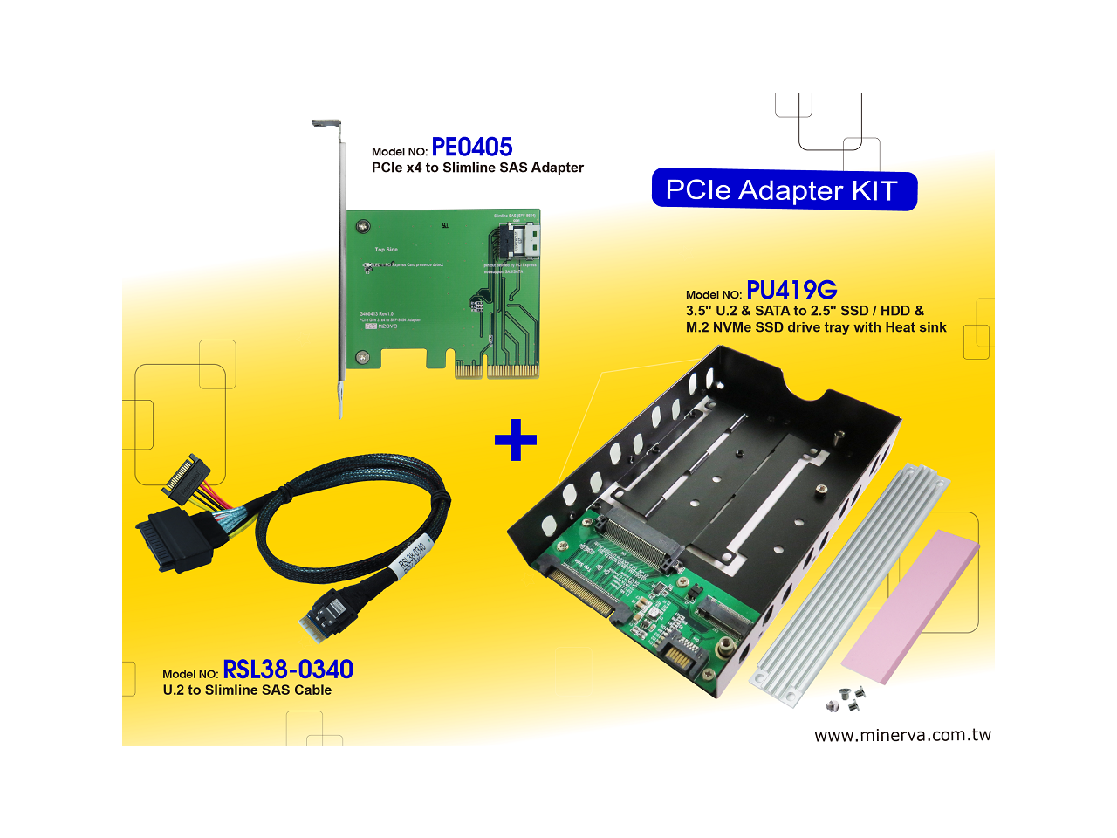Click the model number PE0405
[471, 148]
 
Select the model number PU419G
[791, 290]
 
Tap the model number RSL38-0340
[288, 670]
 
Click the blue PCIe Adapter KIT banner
[784, 190]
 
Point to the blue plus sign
[516, 440]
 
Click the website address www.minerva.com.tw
[902, 735]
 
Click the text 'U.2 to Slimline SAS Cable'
[247, 690]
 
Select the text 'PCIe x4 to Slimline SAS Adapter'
[477, 168]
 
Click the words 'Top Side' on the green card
[386, 250]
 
